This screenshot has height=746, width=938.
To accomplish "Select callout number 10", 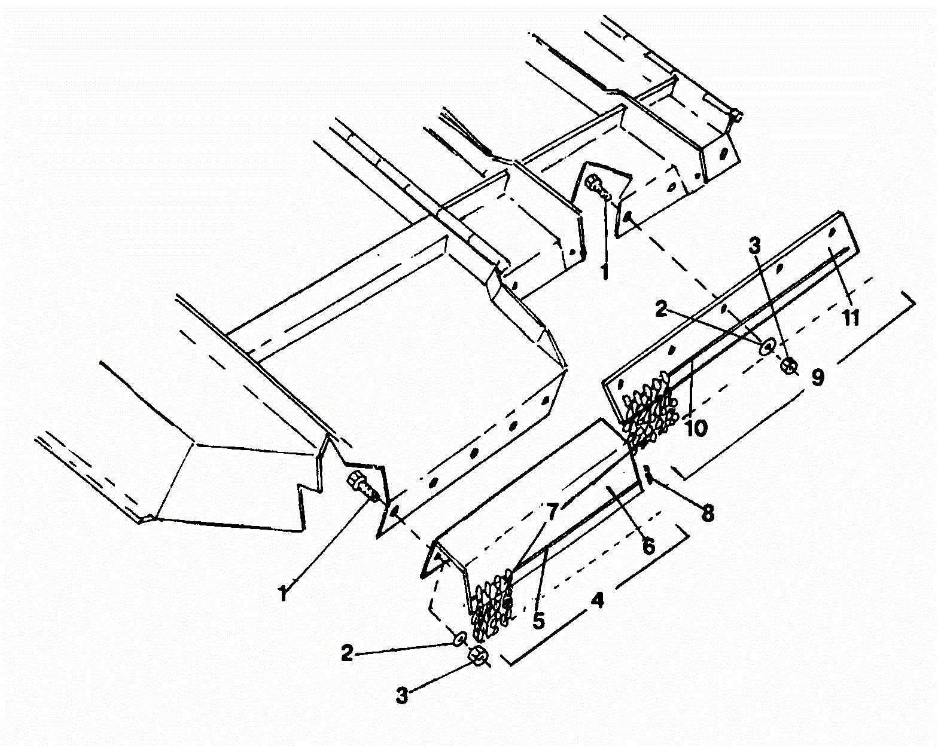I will (x=696, y=427).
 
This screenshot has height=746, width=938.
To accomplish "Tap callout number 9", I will (x=818, y=376).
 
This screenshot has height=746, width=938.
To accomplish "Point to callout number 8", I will (x=707, y=513).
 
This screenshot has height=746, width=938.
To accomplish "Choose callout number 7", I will (x=550, y=511).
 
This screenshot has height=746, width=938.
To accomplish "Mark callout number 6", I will (x=648, y=545).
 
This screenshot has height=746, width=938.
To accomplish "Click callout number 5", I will (x=538, y=620).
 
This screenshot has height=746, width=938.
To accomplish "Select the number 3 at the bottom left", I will (x=402, y=695).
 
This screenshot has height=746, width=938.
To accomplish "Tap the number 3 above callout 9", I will (x=755, y=244).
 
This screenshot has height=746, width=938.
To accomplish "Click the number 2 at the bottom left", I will (x=348, y=652).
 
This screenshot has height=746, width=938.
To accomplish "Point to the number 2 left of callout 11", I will (x=661, y=309).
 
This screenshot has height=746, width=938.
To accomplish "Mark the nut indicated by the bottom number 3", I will (x=479, y=657).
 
